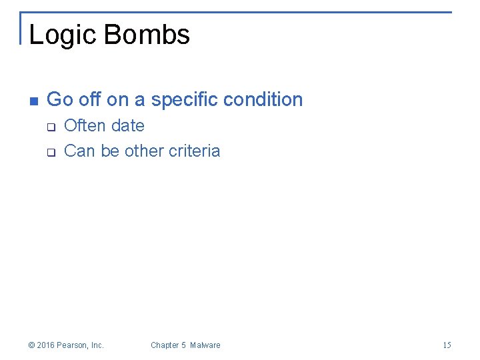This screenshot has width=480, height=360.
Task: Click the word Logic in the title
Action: (61, 35)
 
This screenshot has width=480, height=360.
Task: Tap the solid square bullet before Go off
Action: (33, 101)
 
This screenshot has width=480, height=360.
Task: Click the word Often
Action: (85, 125)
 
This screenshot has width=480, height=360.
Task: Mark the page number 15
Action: (447, 345)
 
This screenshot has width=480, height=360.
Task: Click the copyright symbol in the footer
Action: (31, 345)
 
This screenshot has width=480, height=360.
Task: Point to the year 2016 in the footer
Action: (45, 345)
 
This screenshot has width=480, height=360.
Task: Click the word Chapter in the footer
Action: (165, 345)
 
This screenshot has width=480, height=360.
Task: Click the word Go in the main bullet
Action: (60, 100)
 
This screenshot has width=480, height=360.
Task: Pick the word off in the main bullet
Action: (90, 100)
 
